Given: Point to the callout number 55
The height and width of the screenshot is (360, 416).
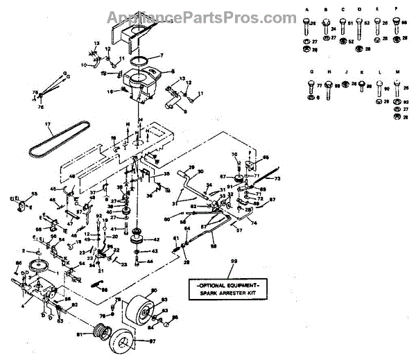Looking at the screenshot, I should [x=34, y=194].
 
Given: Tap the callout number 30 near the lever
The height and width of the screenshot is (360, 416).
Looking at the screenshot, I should [x=201, y=171].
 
